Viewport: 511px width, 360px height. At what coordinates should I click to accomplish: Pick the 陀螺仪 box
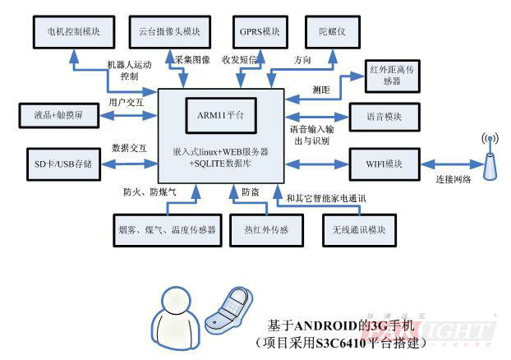[329, 31]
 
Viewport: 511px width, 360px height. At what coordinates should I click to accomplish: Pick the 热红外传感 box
[260, 229]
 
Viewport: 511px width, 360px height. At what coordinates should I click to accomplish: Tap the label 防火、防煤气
[149, 192]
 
